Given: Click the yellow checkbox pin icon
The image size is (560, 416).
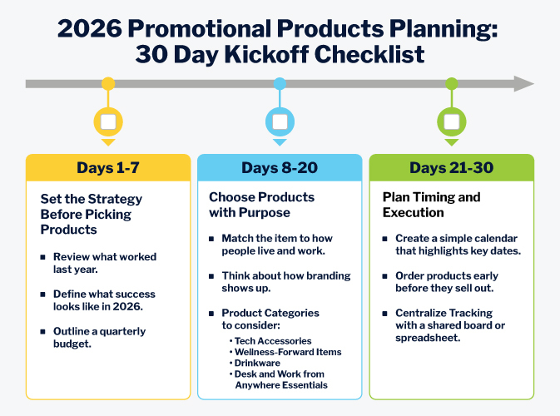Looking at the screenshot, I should click(x=107, y=121).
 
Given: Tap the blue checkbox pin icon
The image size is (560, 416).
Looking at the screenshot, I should click(x=280, y=121).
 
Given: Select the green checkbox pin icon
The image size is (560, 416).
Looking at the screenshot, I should click(x=451, y=121).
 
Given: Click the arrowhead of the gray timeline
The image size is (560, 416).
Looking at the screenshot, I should click(x=523, y=83).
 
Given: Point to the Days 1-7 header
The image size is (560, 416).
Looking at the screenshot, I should click(x=108, y=168).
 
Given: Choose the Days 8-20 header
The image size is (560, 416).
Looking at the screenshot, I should click(x=280, y=168).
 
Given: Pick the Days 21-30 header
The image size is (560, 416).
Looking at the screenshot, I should click(x=451, y=168).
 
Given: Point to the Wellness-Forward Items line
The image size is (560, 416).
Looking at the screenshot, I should click(x=288, y=352).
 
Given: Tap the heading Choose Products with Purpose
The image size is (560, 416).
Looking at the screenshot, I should click(x=261, y=205).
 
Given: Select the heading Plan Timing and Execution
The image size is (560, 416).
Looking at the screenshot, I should click(x=431, y=205).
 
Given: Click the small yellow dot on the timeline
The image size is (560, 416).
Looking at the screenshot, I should click(x=107, y=83).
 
